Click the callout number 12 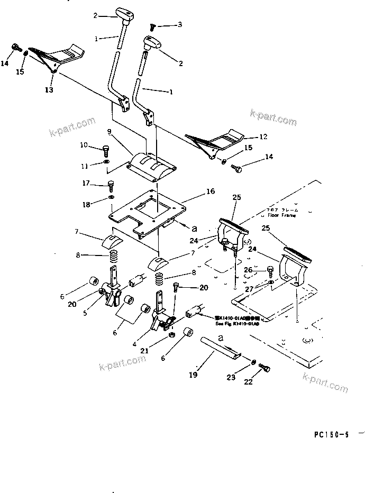point(263,136)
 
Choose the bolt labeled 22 point(266,369)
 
